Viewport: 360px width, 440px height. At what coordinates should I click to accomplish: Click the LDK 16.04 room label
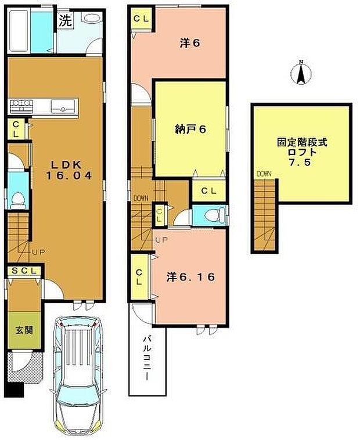click(69, 170)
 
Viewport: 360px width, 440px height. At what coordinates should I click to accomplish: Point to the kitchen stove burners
click(21, 106)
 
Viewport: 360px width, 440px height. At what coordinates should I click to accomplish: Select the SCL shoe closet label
click(24, 271)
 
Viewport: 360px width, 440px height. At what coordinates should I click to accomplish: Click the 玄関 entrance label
click(24, 330)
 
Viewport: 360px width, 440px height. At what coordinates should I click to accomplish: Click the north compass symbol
click(301, 73)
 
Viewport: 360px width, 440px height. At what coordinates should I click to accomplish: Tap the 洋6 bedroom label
click(190, 43)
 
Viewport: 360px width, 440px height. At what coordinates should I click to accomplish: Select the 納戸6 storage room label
click(190, 129)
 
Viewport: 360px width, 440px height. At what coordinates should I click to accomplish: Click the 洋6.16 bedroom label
click(191, 277)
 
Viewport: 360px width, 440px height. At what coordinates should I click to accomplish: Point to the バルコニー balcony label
click(147, 359)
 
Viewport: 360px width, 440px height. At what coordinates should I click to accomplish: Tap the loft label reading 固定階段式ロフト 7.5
click(302, 152)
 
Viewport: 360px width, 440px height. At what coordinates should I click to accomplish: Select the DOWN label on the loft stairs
click(264, 174)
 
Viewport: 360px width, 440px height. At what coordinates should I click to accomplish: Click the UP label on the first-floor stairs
click(38, 252)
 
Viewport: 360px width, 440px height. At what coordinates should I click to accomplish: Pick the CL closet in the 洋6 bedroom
click(141, 19)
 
